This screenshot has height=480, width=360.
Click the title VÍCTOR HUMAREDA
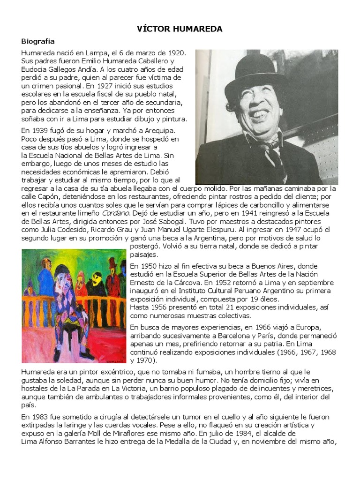coord(180,29)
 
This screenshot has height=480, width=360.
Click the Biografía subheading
coord(38,41)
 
